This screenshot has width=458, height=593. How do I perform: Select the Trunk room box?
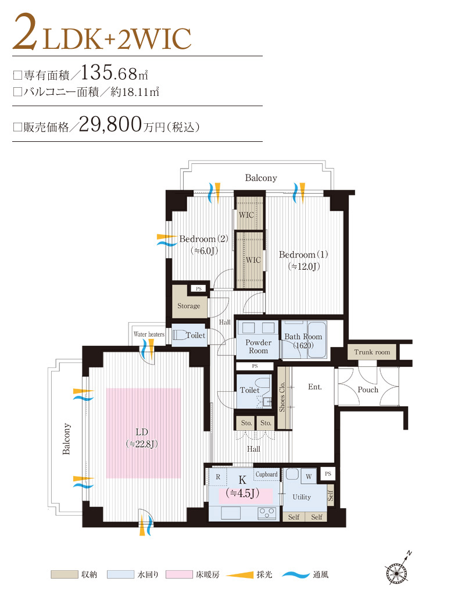372,352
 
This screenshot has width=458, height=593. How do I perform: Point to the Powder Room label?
258,346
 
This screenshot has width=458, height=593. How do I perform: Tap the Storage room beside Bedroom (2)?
188,306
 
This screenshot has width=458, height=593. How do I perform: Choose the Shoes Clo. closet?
282,398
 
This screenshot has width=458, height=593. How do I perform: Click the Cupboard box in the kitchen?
266,474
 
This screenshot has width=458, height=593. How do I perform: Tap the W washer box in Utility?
308,476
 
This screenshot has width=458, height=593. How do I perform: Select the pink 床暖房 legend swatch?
183,574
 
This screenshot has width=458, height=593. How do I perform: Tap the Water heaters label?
149,335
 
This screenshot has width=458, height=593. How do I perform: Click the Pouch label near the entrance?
368,390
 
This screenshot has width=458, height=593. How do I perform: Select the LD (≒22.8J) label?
142,437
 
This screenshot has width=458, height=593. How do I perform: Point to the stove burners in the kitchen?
267,513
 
